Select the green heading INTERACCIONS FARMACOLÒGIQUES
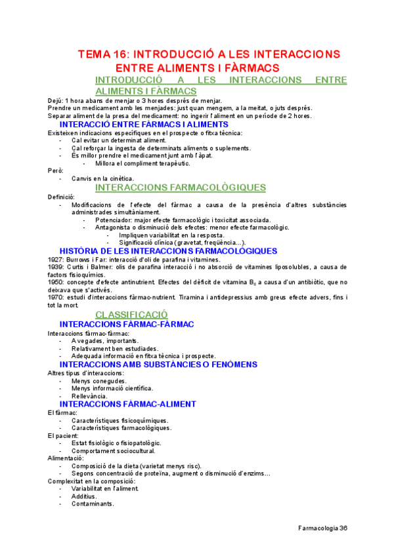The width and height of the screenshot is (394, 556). [x=181, y=188]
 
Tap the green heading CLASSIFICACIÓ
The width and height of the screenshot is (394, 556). [x=131, y=315]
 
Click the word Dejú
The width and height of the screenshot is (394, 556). [x=55, y=100]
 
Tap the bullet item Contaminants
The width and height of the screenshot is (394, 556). [x=93, y=504]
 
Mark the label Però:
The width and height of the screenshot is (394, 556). [x=56, y=170]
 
